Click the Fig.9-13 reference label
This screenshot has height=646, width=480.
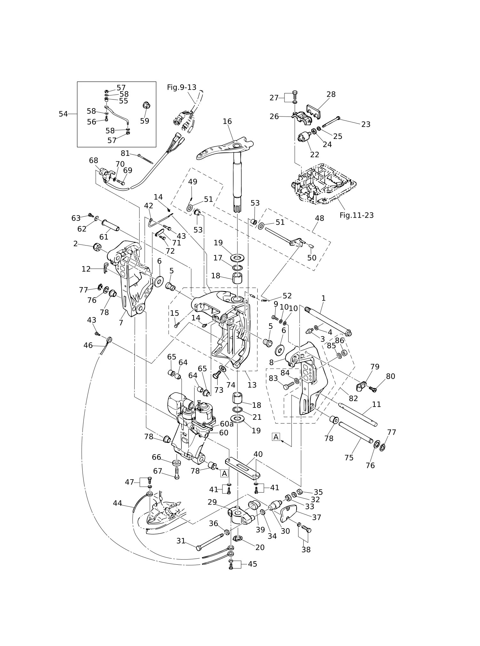181,87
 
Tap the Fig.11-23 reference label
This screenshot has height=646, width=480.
356,215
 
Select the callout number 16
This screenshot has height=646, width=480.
227,121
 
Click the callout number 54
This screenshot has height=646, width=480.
63,114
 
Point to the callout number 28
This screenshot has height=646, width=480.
331,94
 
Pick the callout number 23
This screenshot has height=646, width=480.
366,124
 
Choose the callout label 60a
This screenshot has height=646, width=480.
227,424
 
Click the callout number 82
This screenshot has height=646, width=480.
353,398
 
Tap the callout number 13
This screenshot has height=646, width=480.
252,385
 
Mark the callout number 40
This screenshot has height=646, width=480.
258,454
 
